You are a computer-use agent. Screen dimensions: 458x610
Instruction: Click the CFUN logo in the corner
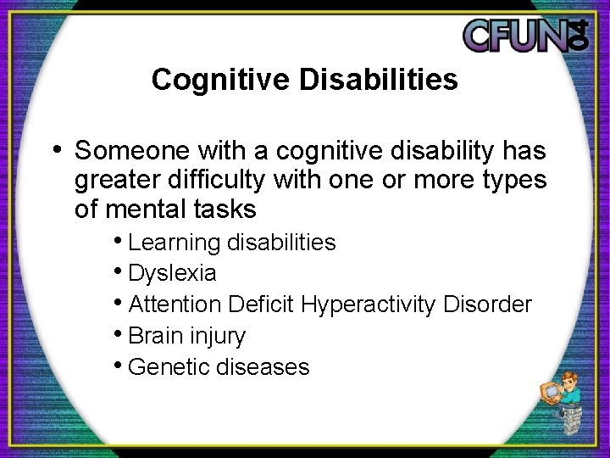525,36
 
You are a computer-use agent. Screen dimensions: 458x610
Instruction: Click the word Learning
175,243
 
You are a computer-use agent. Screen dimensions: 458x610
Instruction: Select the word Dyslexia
172,274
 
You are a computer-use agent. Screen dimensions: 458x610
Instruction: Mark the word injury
217,337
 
